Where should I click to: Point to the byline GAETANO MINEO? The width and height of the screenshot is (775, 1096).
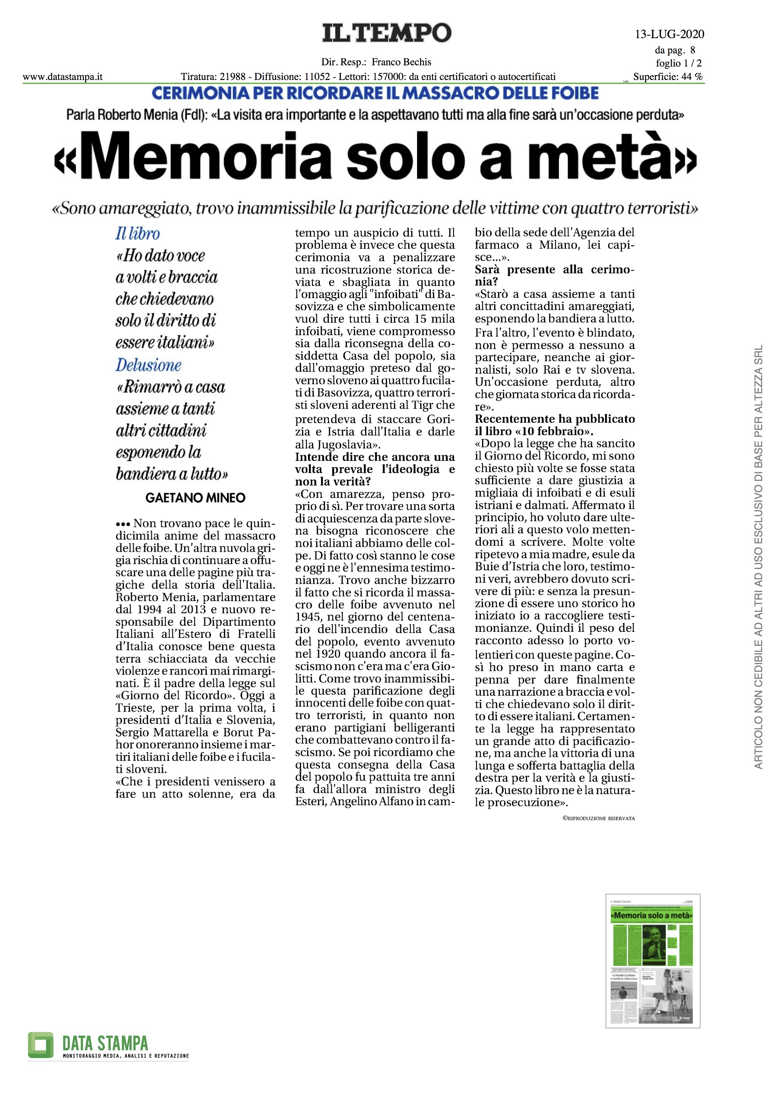click(x=195, y=498)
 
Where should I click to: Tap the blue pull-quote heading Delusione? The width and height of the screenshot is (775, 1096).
click(x=148, y=365)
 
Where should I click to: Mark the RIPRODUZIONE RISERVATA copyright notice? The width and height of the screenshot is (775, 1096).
click(x=598, y=818)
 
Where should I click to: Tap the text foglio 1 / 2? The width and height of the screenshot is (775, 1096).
click(x=678, y=63)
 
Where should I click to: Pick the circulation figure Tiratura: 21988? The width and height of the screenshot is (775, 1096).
click(x=213, y=77)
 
